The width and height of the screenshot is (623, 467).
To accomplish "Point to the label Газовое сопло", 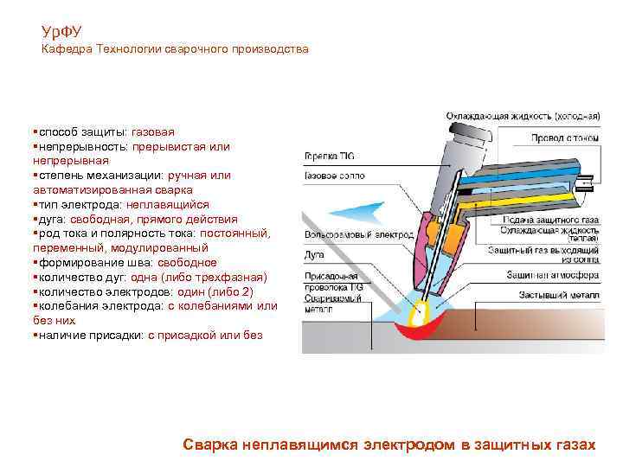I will pos(334,176).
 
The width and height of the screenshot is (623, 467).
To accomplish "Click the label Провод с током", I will pos(561,138).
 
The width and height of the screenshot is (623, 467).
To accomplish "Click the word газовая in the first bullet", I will pos(153,132).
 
